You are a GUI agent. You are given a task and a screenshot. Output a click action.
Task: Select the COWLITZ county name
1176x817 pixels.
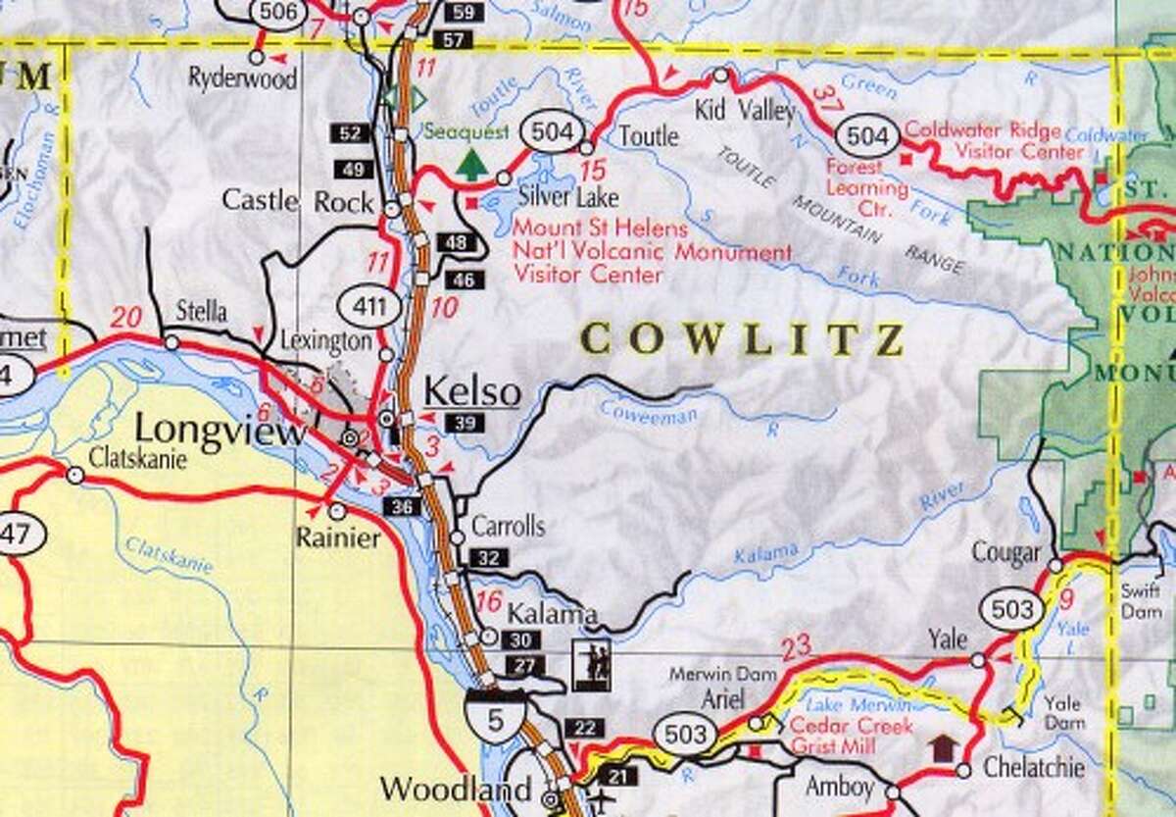tap(742, 339)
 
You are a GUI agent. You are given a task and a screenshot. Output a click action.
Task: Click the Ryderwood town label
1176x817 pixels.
tap(243, 79)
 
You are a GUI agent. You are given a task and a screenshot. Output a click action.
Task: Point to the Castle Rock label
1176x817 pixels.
tap(297, 202)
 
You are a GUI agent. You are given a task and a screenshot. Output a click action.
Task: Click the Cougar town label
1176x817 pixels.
tap(1005, 553)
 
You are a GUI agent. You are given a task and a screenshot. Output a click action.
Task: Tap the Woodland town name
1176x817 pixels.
tap(456, 789)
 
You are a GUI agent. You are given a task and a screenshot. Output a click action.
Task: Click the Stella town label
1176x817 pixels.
tap(202, 312)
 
